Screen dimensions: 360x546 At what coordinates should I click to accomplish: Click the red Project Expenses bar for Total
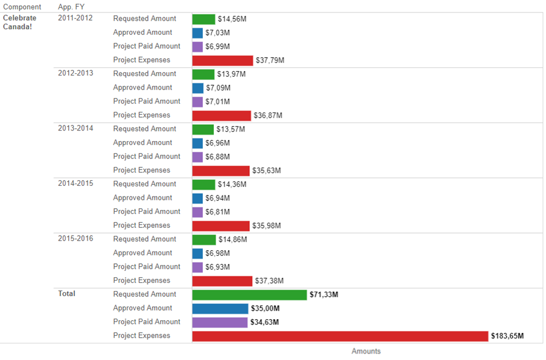pos(340,336)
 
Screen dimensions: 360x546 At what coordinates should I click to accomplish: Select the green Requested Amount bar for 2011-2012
pos(203,19)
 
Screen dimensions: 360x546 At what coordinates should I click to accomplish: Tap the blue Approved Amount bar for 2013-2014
pos(197,143)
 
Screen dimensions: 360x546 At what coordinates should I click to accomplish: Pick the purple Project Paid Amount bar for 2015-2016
pos(197,267)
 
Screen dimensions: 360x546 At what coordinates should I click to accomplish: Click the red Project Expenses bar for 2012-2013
pos(221,115)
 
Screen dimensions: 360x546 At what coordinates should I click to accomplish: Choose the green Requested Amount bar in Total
pos(249,294)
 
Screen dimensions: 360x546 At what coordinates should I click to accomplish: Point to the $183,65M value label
pos(507,336)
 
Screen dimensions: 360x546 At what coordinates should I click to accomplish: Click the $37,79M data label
pos(270,60)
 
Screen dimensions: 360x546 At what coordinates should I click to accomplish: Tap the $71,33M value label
pos(324,294)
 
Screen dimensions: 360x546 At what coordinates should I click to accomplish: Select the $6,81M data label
pos(218,212)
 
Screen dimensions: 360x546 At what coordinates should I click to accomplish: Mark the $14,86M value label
pos(232,240)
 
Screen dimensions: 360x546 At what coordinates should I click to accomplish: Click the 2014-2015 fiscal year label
pos(76,184)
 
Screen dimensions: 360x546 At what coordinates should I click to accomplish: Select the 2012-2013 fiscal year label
pos(76,73)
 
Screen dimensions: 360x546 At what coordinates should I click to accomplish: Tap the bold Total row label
pos(67,294)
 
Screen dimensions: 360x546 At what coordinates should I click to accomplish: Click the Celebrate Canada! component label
pos(20,22)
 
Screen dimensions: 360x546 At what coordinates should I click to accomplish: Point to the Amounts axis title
pos(366,352)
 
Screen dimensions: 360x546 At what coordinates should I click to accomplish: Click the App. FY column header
pos(71,7)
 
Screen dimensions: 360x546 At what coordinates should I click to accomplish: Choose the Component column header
pos(22,7)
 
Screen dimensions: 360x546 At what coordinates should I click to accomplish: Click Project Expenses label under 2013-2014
pos(142,170)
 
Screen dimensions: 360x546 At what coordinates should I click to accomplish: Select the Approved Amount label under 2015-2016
pos(143,253)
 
